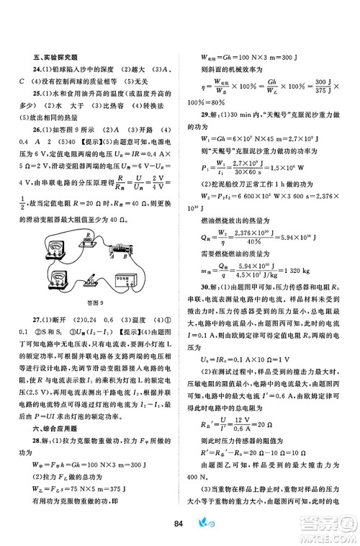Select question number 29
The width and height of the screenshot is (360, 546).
coord(207,114)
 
